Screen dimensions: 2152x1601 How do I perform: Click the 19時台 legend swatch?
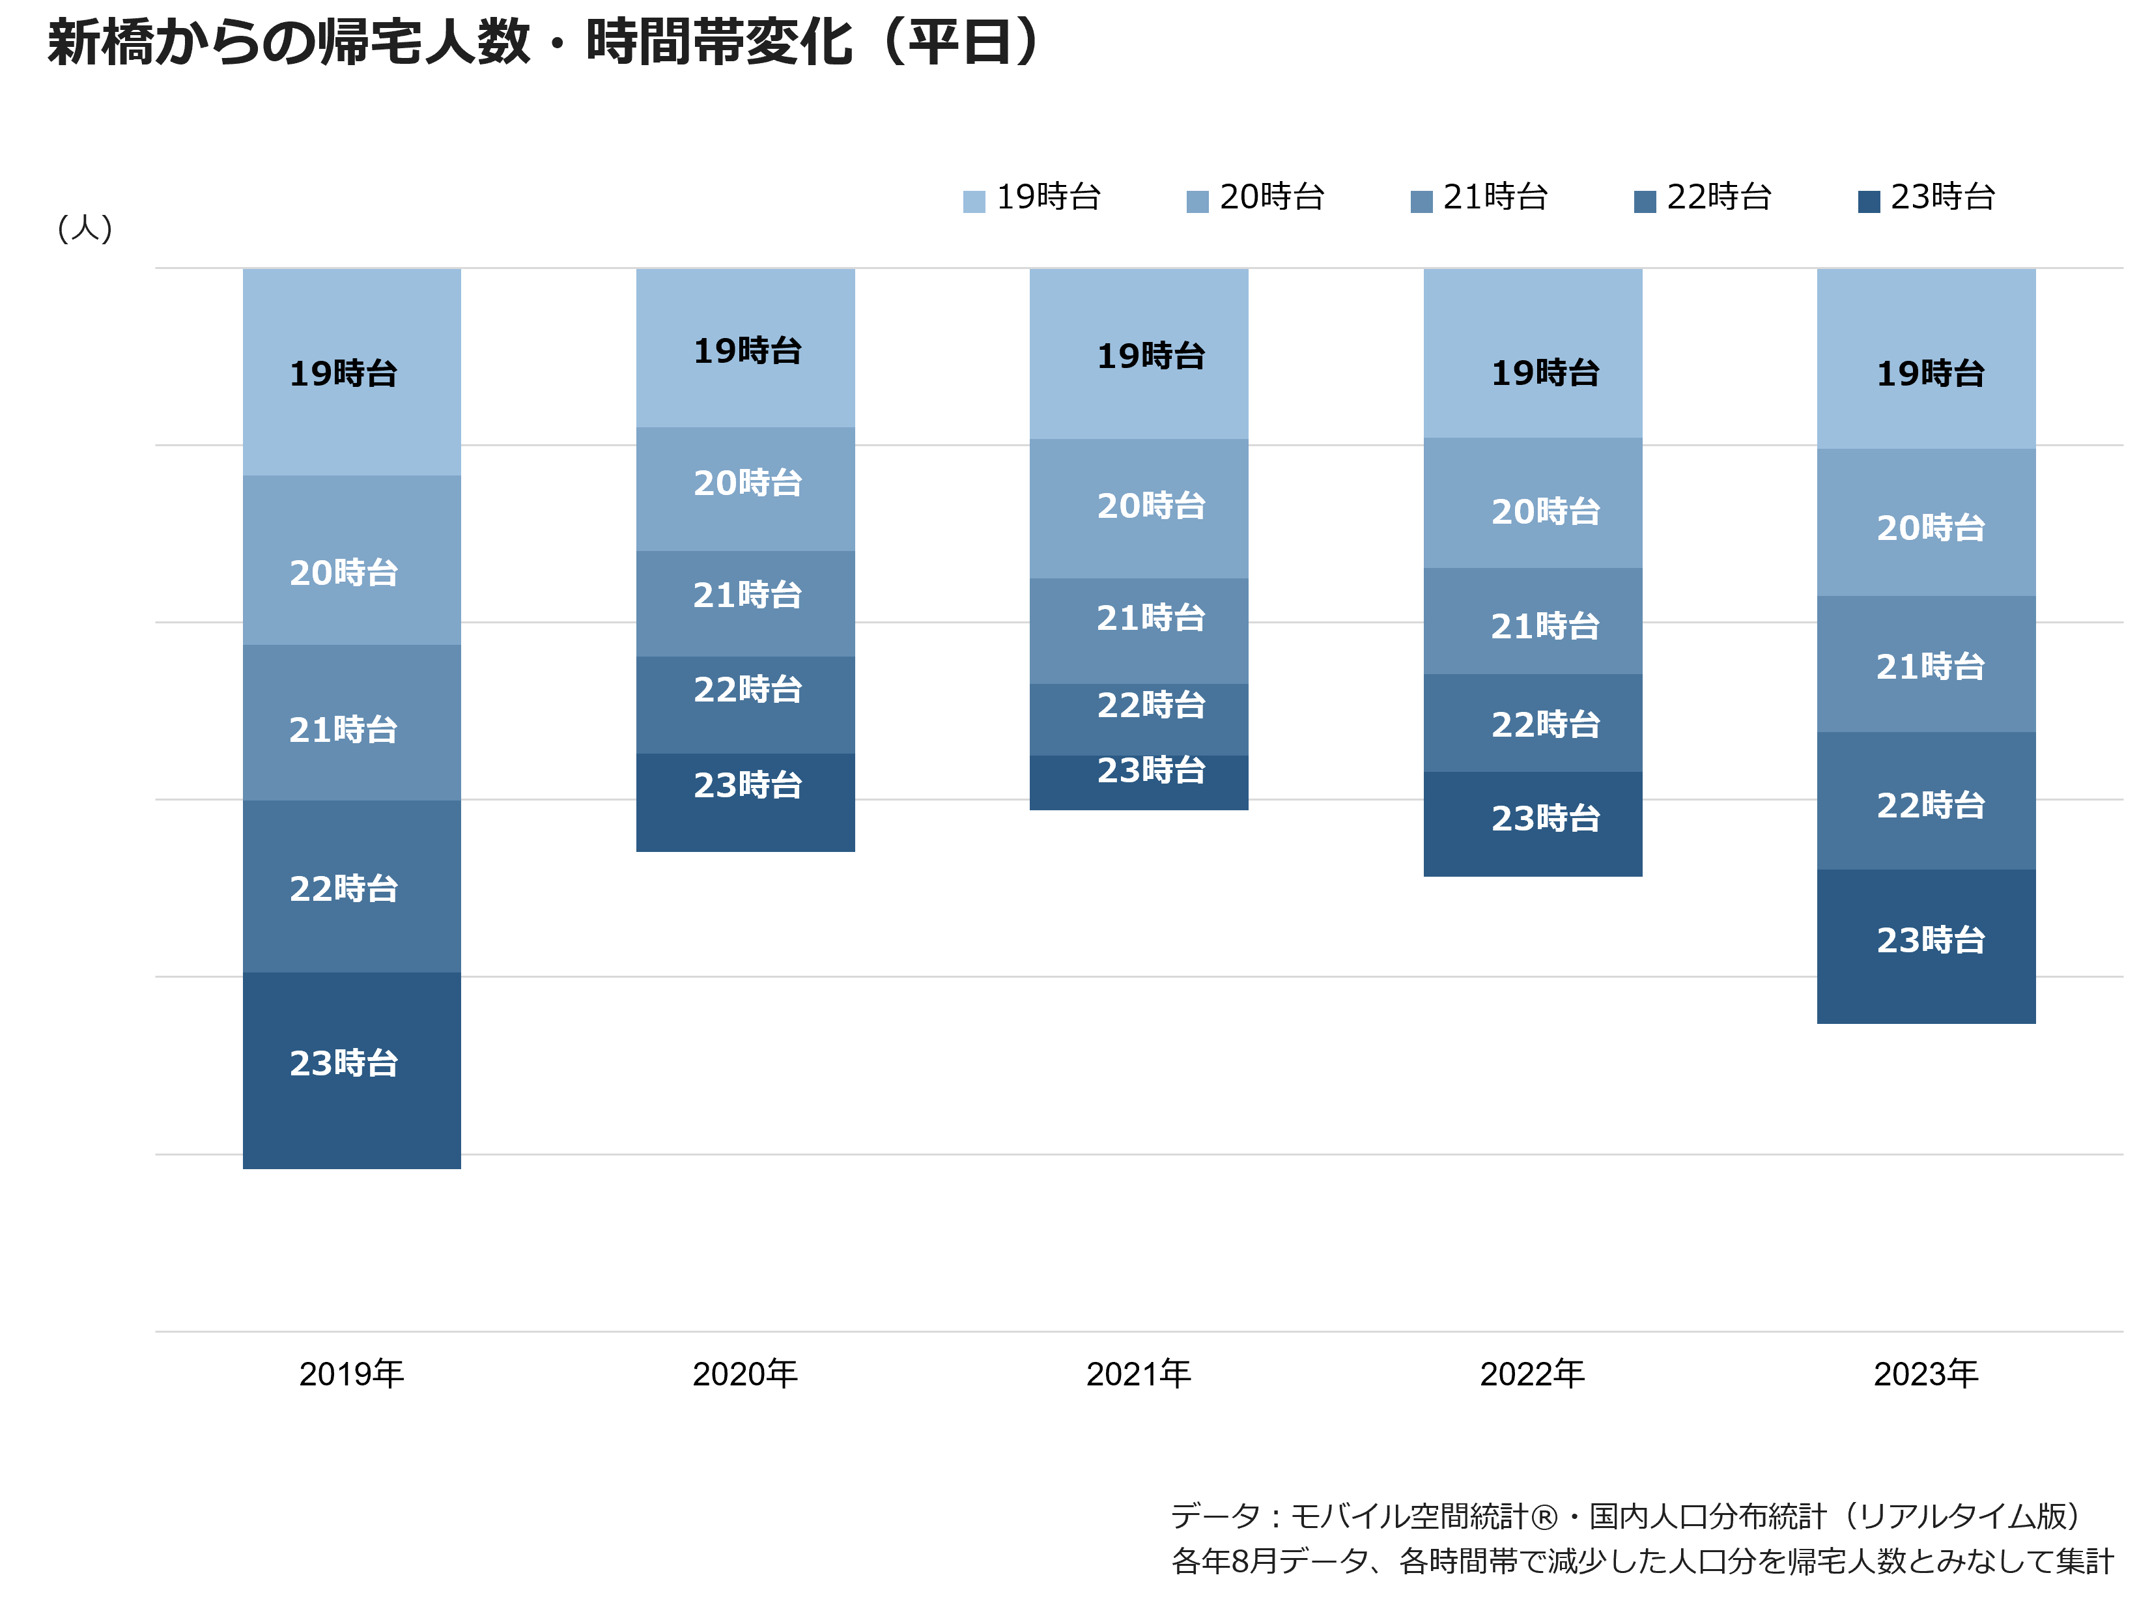974,201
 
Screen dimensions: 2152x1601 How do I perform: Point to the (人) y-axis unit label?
85,229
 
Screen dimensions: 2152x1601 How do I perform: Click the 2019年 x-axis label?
352,1373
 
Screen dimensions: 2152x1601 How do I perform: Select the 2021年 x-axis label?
1139,1373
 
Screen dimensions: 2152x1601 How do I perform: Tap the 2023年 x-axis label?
1926,1373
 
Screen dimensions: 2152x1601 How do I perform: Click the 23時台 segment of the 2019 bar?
352,1071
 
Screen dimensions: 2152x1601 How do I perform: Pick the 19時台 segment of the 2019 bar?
352,372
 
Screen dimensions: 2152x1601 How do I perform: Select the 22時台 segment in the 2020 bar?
745,705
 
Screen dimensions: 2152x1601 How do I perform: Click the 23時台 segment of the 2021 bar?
1139,783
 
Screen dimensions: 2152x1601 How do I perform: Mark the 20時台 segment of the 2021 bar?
1139,509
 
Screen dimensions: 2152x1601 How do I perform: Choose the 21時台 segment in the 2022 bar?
1533,621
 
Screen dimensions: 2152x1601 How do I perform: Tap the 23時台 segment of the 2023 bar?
1926,947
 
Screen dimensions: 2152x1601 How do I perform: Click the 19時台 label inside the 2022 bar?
1546,373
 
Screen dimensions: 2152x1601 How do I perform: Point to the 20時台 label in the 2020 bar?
748,483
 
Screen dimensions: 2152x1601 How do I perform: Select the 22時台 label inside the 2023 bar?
1931,805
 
